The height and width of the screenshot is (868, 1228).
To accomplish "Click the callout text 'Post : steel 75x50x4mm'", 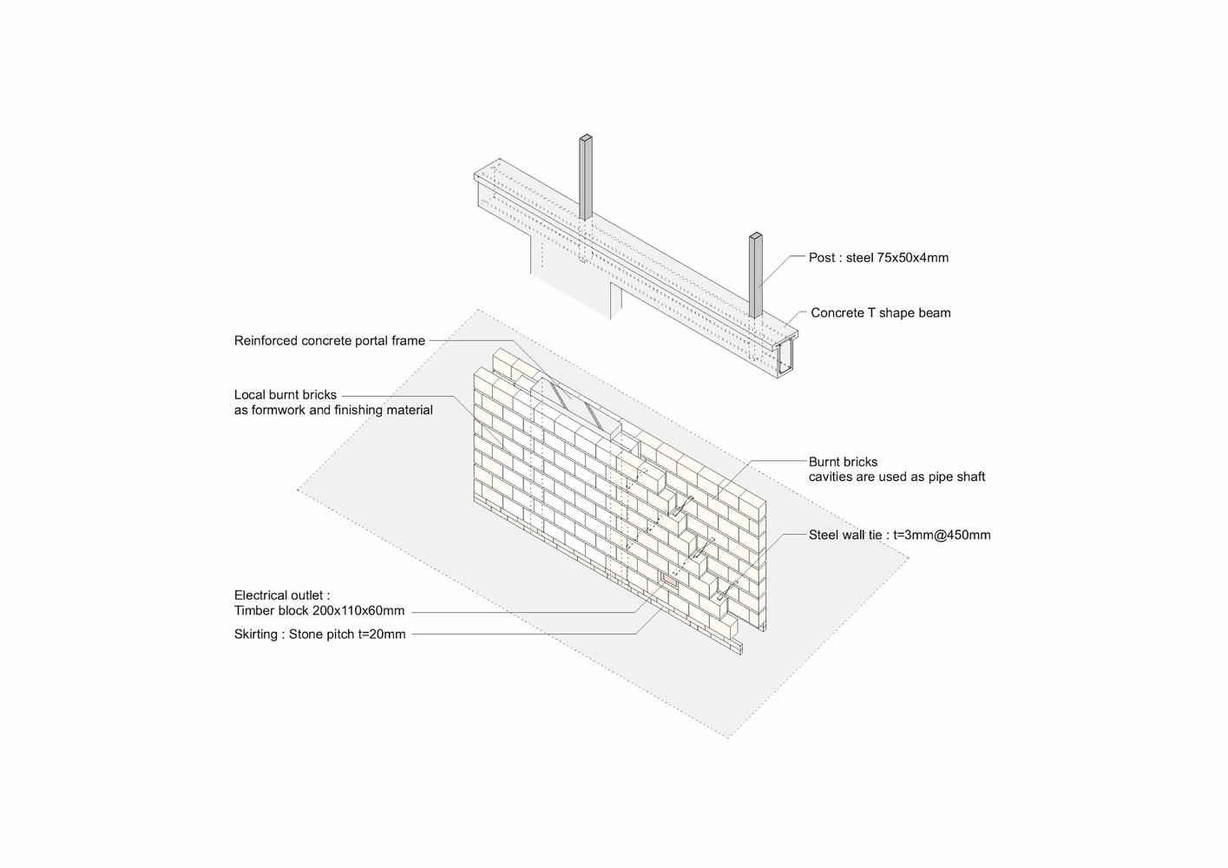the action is [x=878, y=258].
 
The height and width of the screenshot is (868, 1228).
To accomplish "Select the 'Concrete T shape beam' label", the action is [x=881, y=313].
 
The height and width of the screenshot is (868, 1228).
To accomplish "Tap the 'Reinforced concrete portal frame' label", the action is [x=330, y=341].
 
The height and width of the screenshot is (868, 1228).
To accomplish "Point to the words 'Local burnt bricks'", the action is [x=285, y=395].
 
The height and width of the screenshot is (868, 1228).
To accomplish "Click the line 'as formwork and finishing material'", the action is [x=333, y=411].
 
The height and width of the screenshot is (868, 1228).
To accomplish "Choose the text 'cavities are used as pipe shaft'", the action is [x=896, y=477].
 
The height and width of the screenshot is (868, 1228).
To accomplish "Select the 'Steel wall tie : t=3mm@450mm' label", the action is [x=900, y=536].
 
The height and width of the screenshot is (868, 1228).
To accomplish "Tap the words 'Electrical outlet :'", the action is [x=282, y=595].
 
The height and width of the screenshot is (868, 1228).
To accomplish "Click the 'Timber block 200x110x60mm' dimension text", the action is [x=319, y=611].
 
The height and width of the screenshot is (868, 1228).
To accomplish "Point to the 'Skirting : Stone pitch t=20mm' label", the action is [x=319, y=635].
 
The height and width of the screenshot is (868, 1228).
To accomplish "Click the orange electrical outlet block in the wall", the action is [x=669, y=580].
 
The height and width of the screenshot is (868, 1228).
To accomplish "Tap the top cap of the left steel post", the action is [x=586, y=137].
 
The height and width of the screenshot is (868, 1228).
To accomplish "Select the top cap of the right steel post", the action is [x=756, y=236].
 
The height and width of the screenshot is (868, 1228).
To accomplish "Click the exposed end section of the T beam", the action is [x=785, y=358].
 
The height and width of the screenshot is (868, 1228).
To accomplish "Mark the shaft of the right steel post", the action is [x=756, y=277].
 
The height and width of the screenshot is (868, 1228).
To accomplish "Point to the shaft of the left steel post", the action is [x=586, y=179].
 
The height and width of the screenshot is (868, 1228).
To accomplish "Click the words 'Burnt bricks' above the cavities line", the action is [x=844, y=463].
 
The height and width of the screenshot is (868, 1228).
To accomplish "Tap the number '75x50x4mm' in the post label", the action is [x=913, y=258].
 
